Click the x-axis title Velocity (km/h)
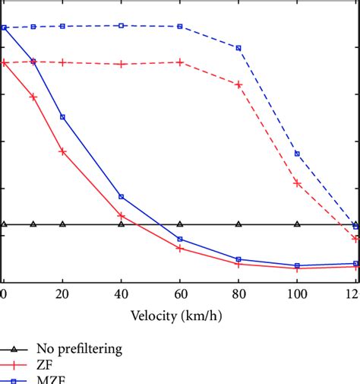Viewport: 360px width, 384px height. pos(180,316)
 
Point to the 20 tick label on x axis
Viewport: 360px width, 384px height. pos(62,294)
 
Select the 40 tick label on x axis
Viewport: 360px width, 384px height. pos(121,294)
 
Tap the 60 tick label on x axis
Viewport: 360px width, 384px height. pos(180,294)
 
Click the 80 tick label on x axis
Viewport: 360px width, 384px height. pos(238,294)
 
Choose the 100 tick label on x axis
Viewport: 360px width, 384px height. pos(297,294)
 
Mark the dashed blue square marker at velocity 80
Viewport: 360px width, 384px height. pos(238,48)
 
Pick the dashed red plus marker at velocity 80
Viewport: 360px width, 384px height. pos(238,84)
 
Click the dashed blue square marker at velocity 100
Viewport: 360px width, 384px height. pos(297,154)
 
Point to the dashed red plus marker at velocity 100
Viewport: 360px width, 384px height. pos(297,183)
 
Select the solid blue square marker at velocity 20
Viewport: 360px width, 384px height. pos(62,117)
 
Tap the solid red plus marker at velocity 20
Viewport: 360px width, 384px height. pos(62,151)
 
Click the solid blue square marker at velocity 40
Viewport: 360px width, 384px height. pos(121,197)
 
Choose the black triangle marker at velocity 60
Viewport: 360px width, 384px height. pos(180,224)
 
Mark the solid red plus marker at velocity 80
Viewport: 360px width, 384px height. pos(238,264)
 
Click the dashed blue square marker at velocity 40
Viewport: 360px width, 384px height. pos(121,25)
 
